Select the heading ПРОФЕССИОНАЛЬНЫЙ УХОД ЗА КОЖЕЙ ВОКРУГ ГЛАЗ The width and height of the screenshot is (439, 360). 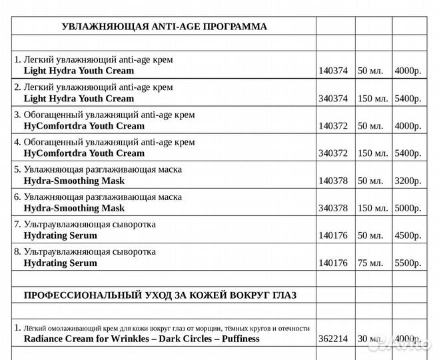pyautogui.click(x=160, y=295)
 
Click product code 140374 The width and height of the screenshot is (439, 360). pyautogui.click(x=333, y=71)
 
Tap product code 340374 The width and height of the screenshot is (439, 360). pyautogui.click(x=333, y=99)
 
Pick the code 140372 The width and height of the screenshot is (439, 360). pyautogui.click(x=333, y=126)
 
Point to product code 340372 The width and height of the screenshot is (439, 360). pyautogui.click(x=333, y=153)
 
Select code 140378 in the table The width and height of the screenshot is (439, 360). pyautogui.click(x=333, y=181)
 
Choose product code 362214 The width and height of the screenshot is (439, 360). pyautogui.click(x=333, y=339)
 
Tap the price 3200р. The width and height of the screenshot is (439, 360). pyautogui.click(x=408, y=181)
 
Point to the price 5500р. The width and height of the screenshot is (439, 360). pyautogui.click(x=408, y=263)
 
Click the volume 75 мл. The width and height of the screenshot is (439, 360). pyautogui.click(x=373, y=263)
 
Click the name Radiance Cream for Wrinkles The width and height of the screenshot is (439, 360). pyautogui.click(x=93, y=339)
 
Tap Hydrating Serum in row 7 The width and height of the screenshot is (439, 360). pyautogui.click(x=60, y=236)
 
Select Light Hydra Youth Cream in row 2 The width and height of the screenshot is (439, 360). pyautogui.click(x=79, y=99)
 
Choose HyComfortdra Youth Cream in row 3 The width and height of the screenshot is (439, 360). pyautogui.click(x=83, y=126)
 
